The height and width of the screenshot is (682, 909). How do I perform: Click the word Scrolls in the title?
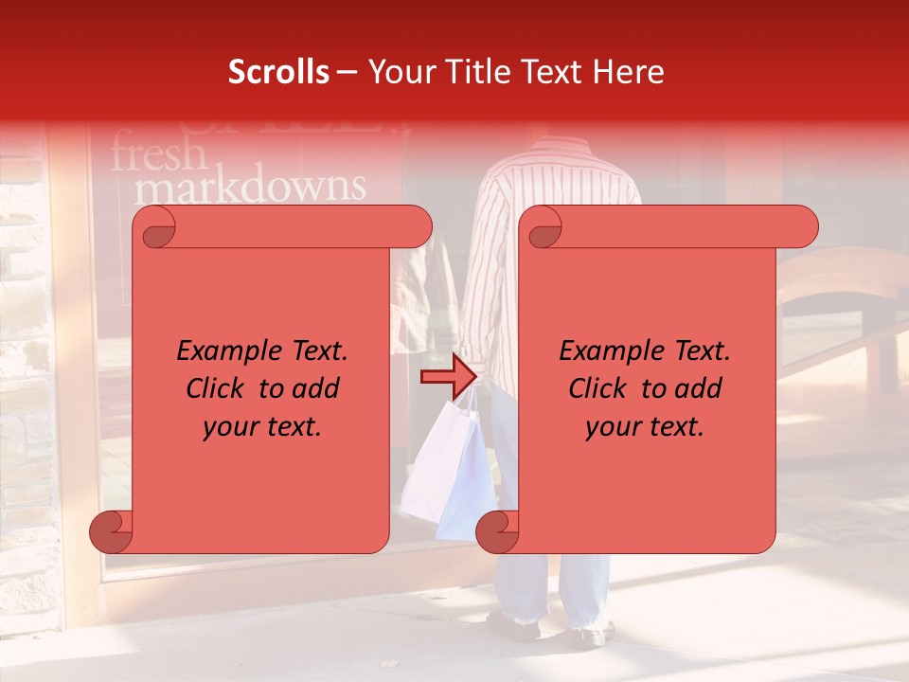coord(278,72)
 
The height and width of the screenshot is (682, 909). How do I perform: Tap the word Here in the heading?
coord(627,72)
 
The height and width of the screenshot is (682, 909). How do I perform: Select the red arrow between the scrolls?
coord(448,377)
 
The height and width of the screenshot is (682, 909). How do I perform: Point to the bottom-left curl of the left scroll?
coord(110,532)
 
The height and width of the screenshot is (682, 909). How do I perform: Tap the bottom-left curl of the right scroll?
coord(496,532)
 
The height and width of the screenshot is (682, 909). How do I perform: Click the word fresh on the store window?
coord(158,153)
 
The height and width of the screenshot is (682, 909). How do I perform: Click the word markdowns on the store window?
coord(250,187)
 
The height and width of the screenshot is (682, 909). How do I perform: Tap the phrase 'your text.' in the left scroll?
coord(262,426)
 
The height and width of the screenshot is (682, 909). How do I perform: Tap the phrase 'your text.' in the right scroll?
coord(645,426)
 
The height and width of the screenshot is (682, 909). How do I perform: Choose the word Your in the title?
coord(399,72)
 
